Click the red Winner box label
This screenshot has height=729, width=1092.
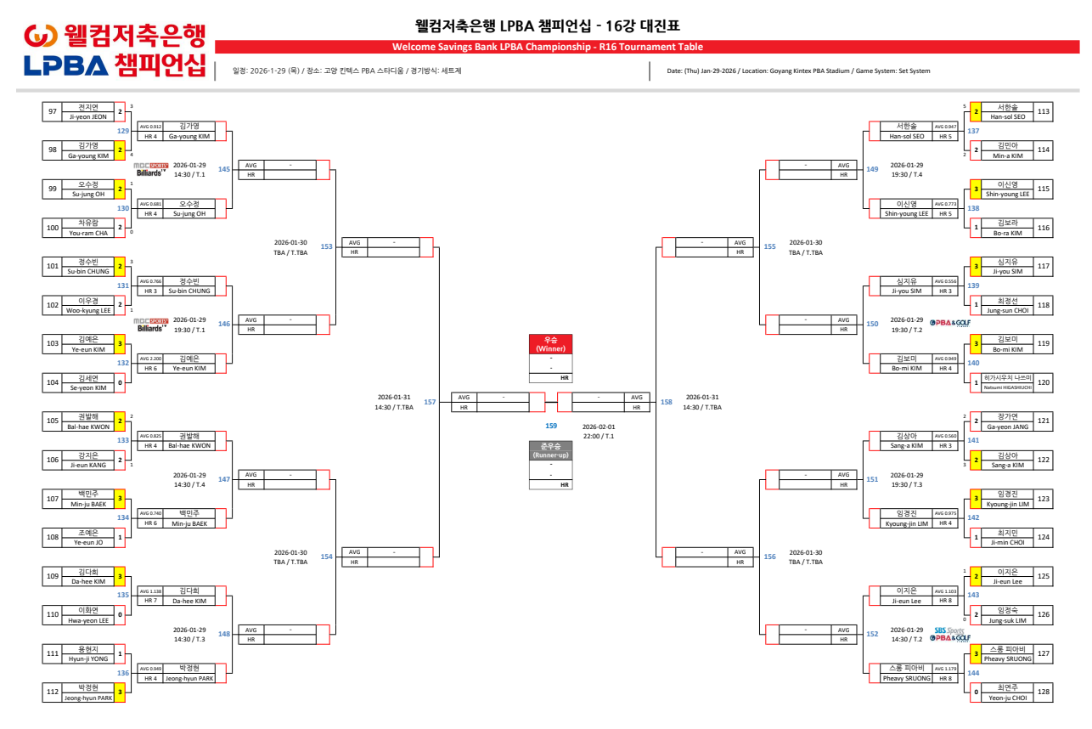pos(550,344)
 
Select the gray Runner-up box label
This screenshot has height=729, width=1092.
pos(550,450)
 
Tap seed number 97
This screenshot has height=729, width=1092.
pos(53,111)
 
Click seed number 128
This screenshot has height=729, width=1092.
pos(1044,692)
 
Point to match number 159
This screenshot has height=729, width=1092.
pos(551,426)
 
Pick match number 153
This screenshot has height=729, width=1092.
pos(326,246)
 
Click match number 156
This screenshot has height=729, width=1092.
pos(770,557)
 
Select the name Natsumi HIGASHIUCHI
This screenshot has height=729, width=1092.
pos(1007,387)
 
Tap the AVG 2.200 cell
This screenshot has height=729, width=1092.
pos(150,359)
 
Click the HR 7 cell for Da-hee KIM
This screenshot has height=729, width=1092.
pos(150,601)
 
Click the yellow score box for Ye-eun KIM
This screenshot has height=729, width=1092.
pos(121,344)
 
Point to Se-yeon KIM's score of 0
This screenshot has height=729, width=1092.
pos(121,383)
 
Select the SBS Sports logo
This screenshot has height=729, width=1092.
pos(950,630)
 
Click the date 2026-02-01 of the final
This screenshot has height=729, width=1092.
pos(598,427)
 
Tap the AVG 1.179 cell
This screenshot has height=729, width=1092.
pos(945,669)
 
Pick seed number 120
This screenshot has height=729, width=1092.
pos(1044,383)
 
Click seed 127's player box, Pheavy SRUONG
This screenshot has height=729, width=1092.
pos(1007,653)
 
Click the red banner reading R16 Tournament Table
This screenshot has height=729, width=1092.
pos(547,47)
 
